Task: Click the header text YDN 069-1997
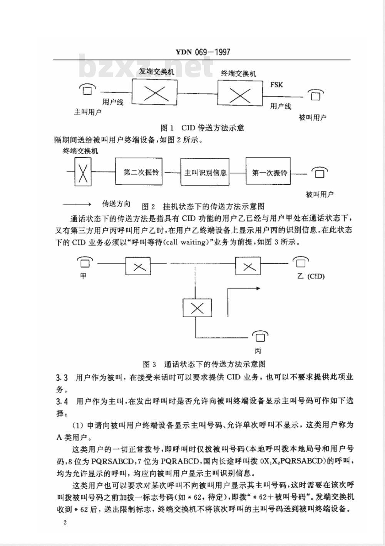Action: click(203, 52)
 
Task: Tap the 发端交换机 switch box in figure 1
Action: click(155, 92)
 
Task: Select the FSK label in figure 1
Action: click(276, 85)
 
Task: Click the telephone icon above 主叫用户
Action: click(87, 89)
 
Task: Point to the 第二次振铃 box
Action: click(139, 172)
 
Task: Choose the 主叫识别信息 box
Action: click(205, 172)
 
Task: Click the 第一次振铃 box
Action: click(268, 171)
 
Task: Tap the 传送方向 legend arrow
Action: click(77, 204)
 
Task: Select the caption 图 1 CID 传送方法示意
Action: click(202, 128)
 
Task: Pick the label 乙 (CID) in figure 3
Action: click(311, 276)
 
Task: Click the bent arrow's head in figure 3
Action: click(258, 288)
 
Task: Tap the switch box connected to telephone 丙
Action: click(198, 308)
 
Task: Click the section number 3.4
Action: click(62, 402)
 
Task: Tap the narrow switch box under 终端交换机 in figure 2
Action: click(83, 172)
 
